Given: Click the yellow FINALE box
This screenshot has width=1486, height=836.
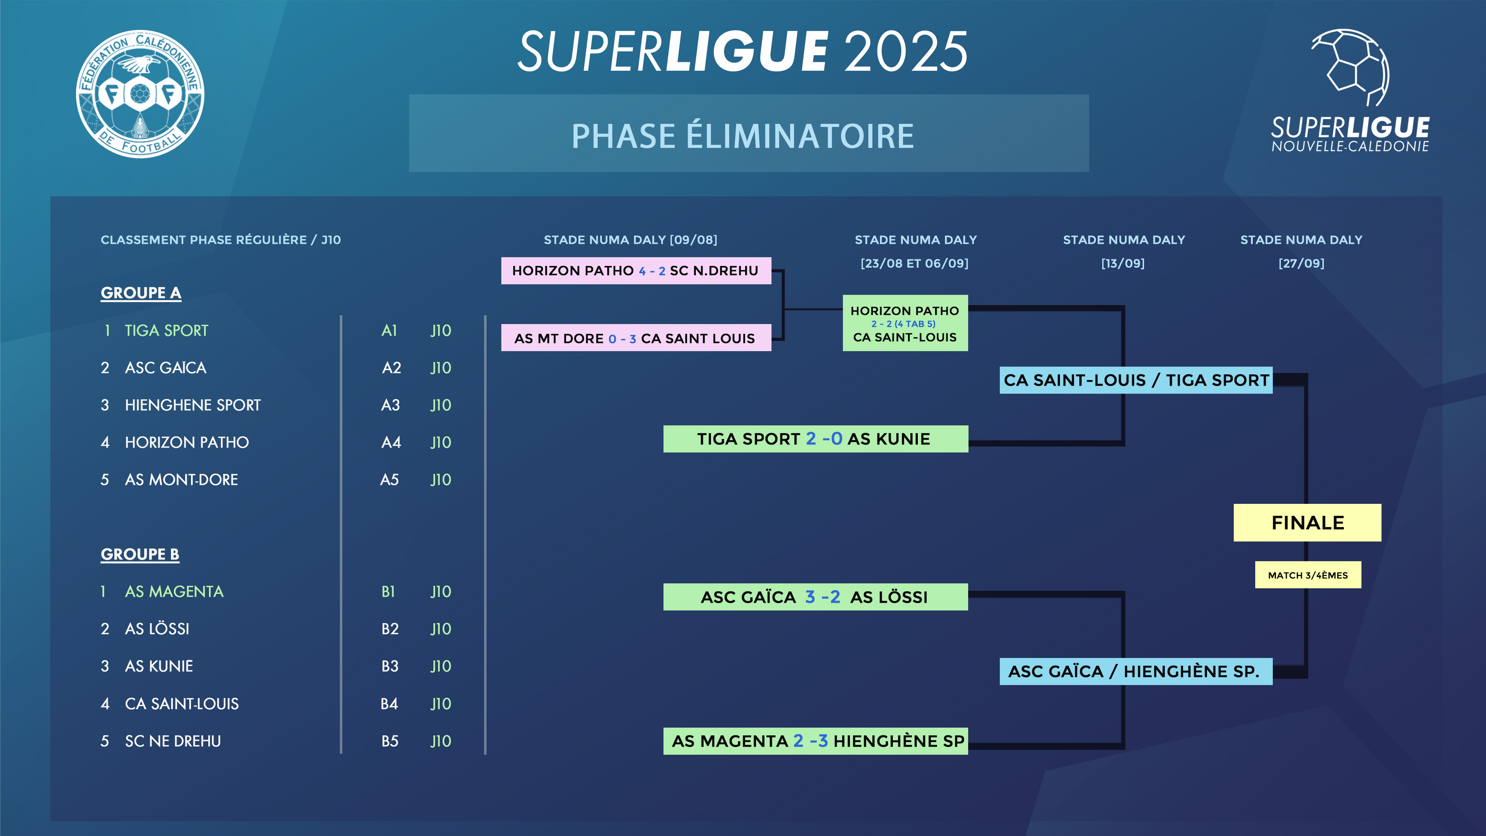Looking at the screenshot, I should pos(1307,523).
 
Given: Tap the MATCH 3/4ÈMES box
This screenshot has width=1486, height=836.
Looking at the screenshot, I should pos(1308,575).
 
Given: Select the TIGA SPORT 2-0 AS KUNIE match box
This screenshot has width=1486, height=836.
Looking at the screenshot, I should pos(815,439).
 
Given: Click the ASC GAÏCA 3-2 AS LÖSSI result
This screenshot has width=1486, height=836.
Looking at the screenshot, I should pos(815,597).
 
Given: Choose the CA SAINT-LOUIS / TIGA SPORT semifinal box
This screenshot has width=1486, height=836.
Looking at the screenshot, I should pos(1136,380).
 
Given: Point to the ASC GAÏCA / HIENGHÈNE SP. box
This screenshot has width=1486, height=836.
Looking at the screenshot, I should pos(1136,672).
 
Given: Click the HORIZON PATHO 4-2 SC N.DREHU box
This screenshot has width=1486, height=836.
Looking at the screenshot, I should pos(636,271).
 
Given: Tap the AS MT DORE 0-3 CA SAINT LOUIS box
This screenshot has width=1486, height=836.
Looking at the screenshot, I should pos(636,338).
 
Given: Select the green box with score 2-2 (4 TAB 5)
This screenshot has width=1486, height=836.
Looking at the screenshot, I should pos(904,324).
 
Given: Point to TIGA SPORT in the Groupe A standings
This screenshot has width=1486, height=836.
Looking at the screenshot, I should pos(166,331).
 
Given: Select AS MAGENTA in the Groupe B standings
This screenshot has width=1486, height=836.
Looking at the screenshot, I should pos(174,592).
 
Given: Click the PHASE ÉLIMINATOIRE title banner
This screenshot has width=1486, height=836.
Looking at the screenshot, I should pos(749,134).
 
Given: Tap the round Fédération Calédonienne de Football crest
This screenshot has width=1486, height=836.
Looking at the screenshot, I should pos(140,94).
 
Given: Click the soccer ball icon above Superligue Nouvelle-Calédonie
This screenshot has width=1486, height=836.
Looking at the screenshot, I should pos(1351,67).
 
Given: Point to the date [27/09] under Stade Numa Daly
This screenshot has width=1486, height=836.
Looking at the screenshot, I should pos(1301,264).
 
